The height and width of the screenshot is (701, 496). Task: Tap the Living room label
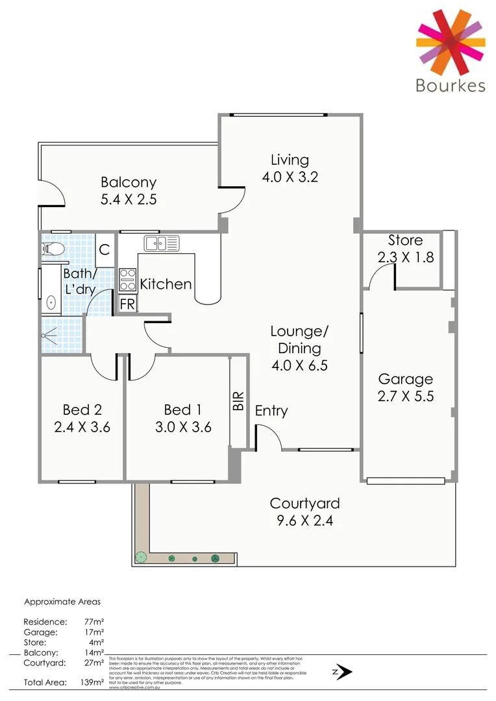[x=290, y=160]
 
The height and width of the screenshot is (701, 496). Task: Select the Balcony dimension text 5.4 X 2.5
[x=129, y=199]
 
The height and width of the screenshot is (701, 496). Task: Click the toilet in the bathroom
[x=51, y=249]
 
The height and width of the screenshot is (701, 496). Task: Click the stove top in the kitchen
[x=127, y=280]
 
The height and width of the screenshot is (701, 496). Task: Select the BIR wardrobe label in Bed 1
[x=238, y=401]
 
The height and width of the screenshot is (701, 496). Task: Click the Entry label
[x=271, y=411]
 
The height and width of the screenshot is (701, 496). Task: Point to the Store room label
[x=405, y=241]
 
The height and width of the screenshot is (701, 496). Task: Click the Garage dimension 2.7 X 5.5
[x=406, y=395]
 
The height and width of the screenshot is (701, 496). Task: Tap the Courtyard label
[x=304, y=503]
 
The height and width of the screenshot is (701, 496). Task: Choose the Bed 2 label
[x=82, y=410]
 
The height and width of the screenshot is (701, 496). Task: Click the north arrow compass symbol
[x=343, y=672]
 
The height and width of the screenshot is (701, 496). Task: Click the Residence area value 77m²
[x=95, y=621]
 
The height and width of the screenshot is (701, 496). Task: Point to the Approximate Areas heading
[x=62, y=602]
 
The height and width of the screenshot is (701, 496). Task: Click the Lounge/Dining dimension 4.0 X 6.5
[x=299, y=365]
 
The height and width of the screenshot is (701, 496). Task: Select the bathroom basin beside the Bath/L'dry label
[x=51, y=302]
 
